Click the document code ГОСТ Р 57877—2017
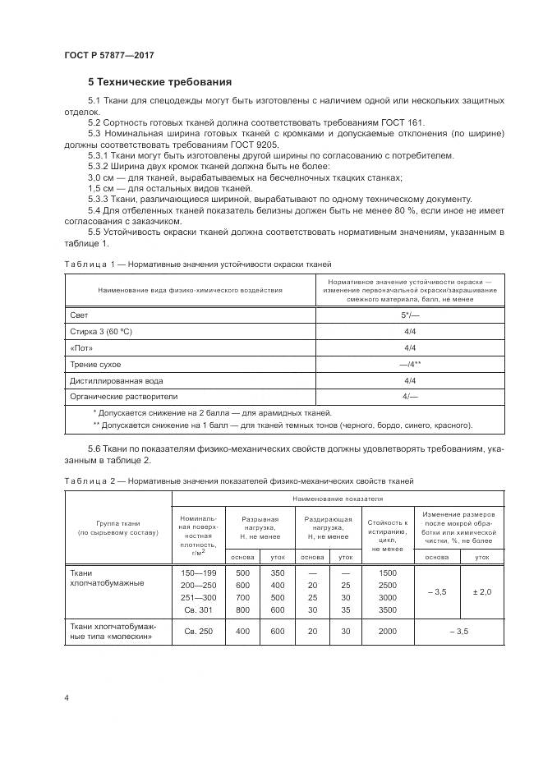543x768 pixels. pyautogui.click(x=108, y=54)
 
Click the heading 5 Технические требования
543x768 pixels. pyautogui.click(x=159, y=82)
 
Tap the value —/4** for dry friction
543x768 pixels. pyautogui.click(x=409, y=365)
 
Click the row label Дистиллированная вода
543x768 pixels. pyautogui.click(x=117, y=381)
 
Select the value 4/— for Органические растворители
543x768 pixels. pyautogui.click(x=409, y=398)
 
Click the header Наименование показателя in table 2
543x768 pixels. pyautogui.click(x=339, y=499)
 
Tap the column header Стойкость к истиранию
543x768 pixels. pyautogui.click(x=387, y=527)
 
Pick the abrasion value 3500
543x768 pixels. pyautogui.click(x=387, y=610)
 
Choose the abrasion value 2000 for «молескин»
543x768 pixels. pyautogui.click(x=387, y=632)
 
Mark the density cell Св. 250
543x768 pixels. pyautogui.click(x=197, y=632)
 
